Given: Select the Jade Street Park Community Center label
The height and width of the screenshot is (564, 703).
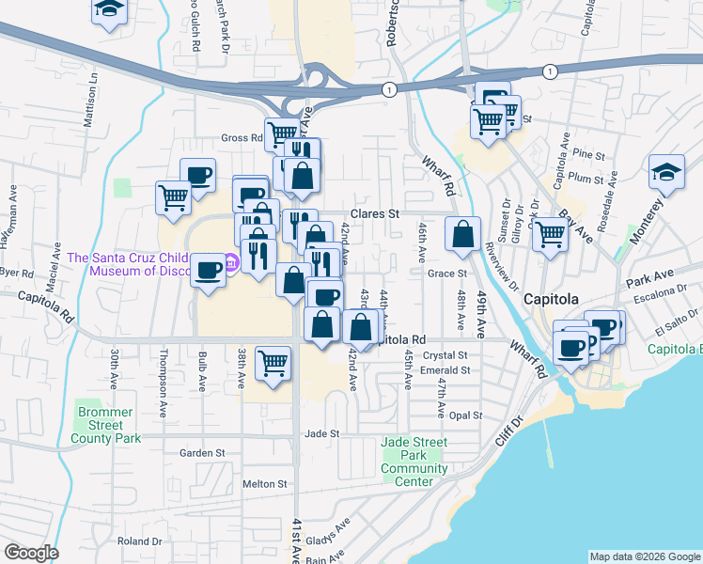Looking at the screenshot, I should pos(414,462).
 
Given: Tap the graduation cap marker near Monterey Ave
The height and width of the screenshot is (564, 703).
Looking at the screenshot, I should pos(666,173).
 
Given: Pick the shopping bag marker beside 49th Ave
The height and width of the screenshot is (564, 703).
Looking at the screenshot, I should pos(462,235).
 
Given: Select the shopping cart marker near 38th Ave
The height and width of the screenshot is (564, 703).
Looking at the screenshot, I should pos(273,363).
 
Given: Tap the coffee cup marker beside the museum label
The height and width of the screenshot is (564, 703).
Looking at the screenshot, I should pos(208,272).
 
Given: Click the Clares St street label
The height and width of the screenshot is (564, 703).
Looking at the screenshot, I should pos(376,213).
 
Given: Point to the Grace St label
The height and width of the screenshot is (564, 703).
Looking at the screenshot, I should pos(447,274).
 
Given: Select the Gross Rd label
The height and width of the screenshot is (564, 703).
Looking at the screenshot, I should pos(242,137).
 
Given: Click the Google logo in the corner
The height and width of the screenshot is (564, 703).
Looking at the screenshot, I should pos(31,553).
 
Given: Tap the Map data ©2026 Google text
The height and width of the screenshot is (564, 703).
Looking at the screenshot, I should pos(644,556).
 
